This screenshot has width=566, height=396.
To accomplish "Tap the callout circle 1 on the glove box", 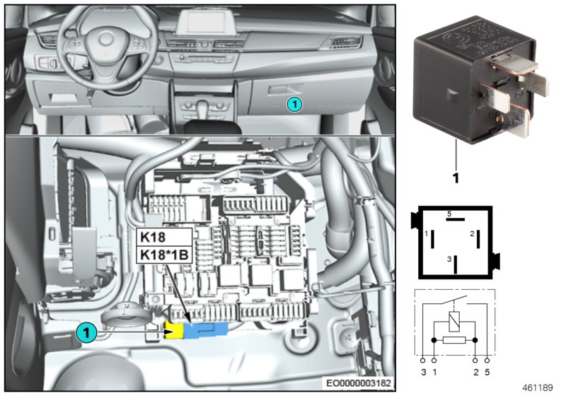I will [x=294, y=105].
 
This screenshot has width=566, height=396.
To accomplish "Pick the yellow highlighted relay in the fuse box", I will [x=174, y=329].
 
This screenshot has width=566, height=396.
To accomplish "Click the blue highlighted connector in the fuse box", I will [x=206, y=328].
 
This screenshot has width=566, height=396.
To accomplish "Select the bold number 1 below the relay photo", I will [x=456, y=178].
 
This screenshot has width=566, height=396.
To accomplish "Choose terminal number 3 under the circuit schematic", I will [x=422, y=371].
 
